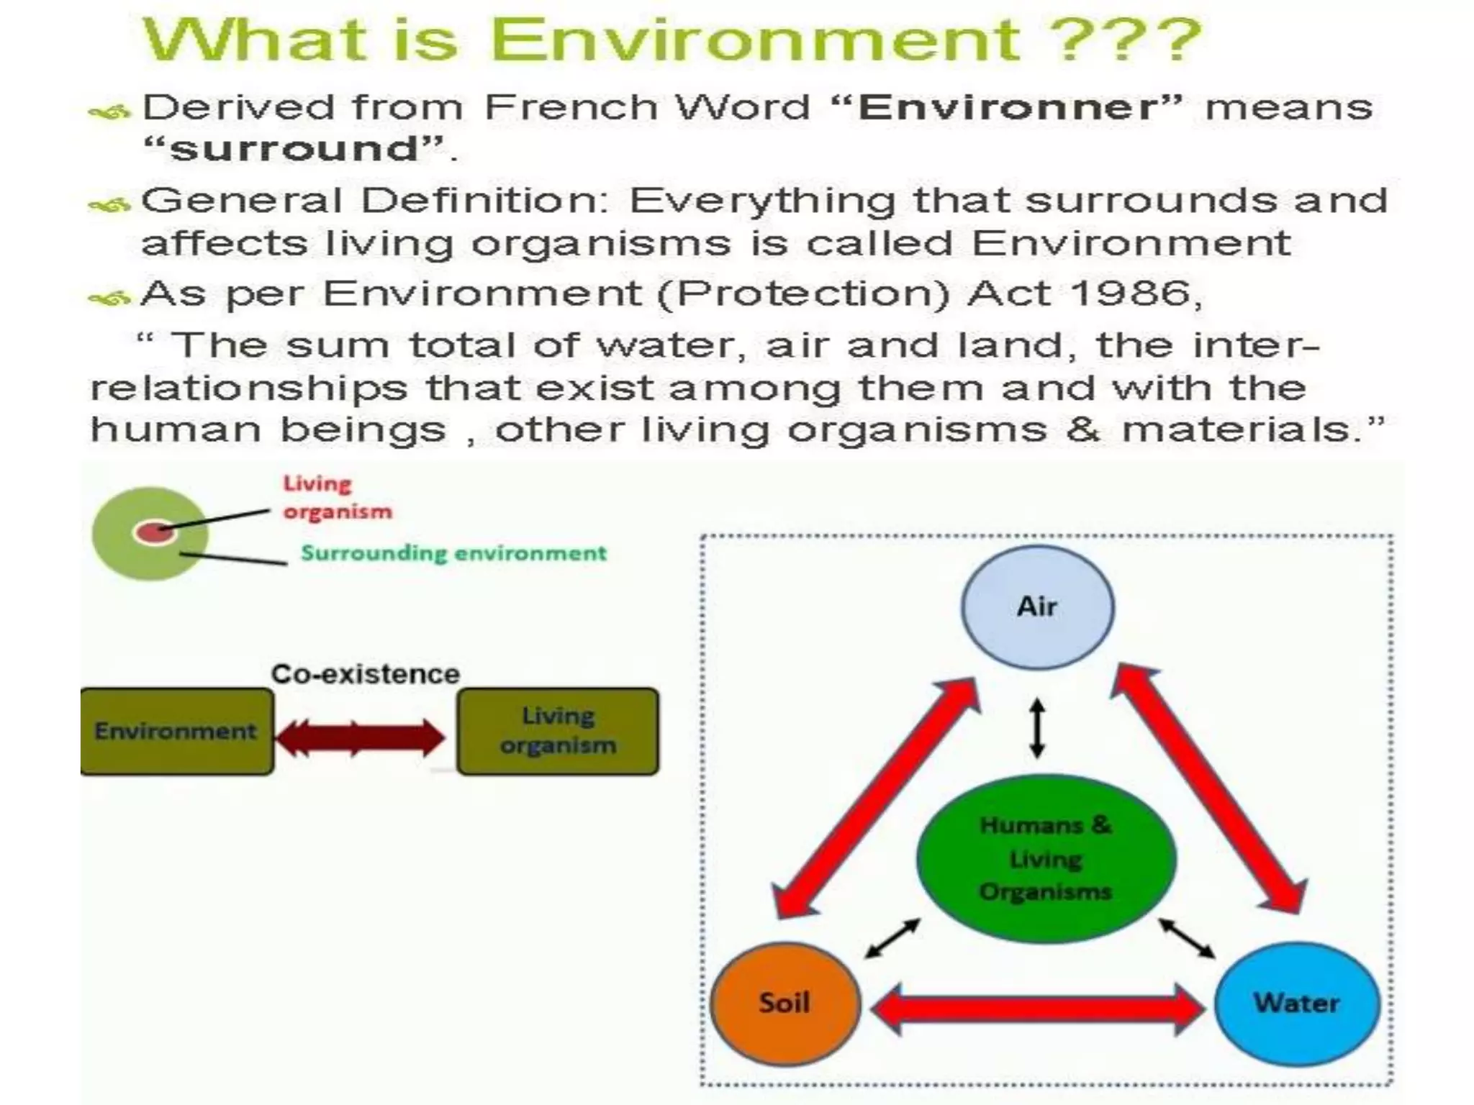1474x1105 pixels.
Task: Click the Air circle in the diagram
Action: tap(1037, 606)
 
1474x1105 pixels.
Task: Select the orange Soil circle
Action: tap(785, 1003)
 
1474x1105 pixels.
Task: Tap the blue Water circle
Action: tap(1296, 1003)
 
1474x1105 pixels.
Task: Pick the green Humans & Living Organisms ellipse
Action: tap(1046, 858)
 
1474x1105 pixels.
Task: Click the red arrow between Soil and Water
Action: tap(1036, 1009)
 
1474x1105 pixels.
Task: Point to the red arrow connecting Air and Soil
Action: tap(874, 799)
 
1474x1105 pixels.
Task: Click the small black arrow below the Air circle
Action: tap(1036, 727)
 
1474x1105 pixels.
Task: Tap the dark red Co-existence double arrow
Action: tap(360, 738)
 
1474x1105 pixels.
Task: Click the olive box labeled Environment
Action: tap(176, 731)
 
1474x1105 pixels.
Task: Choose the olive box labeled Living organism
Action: tap(558, 731)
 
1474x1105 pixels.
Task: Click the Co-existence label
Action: tap(365, 674)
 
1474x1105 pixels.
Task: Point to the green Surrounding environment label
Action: tap(453, 553)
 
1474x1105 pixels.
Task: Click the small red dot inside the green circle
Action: tap(152, 532)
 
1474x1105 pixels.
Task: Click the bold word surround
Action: tap(294, 149)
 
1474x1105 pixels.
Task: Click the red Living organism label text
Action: tap(336, 497)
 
